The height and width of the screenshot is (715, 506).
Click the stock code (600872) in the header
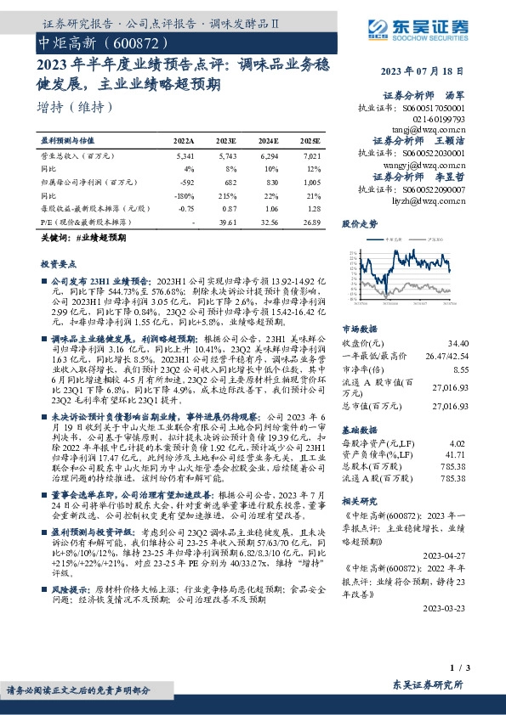(x=131, y=42)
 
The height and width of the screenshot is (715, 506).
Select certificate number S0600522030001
(x=423, y=154)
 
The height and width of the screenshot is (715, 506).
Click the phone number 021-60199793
(x=436, y=120)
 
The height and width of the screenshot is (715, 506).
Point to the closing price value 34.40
(x=454, y=342)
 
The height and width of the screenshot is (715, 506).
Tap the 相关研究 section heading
(x=359, y=501)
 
